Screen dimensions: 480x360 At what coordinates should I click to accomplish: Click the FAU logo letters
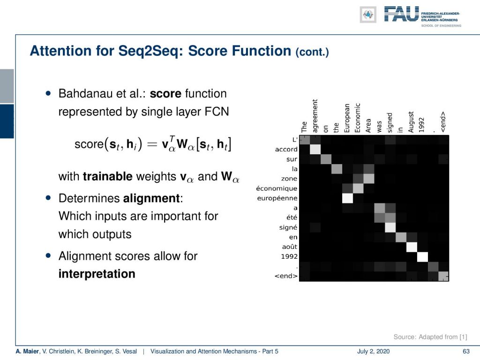(401, 14)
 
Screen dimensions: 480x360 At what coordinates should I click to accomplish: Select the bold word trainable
(107, 176)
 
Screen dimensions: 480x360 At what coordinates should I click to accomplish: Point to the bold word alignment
(151, 198)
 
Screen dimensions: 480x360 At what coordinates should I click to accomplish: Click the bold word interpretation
(97, 274)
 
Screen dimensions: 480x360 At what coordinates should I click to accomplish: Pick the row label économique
(277, 188)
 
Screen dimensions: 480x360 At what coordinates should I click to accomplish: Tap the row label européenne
(277, 198)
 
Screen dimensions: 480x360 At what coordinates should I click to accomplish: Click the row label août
(290, 247)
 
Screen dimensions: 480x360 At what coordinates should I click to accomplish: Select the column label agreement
(315, 116)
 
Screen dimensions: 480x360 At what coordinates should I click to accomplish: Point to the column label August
(411, 122)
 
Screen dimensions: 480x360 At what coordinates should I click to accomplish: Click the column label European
(347, 118)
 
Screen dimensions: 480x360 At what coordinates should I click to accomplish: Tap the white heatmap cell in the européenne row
(347, 198)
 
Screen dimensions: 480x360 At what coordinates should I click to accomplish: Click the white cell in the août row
(412, 247)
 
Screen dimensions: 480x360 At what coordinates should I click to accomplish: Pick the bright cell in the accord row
(315, 149)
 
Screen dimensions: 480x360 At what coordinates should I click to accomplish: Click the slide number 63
(466, 352)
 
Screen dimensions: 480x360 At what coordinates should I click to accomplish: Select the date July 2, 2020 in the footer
(373, 352)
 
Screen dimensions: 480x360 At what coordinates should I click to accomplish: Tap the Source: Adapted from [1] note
(430, 337)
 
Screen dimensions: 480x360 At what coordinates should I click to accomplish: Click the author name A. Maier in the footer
(27, 352)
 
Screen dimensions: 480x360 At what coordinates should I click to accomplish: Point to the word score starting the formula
(89, 144)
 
